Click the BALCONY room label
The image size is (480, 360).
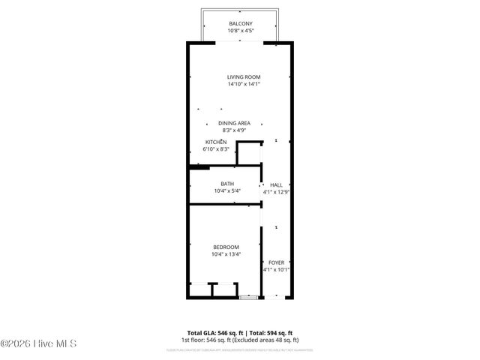[x=240, y=24]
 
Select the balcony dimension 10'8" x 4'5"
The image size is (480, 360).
[x=240, y=31]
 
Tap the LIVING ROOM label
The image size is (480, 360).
[x=244, y=76]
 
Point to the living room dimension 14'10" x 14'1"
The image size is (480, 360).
[x=244, y=84]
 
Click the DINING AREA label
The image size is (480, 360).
[x=234, y=123]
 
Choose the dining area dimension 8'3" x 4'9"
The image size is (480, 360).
[x=234, y=130]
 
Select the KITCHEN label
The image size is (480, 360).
[x=216, y=142]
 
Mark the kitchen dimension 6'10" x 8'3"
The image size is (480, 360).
[x=216, y=149]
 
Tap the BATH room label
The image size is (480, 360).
[x=226, y=184]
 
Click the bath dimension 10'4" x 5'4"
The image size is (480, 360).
[x=226, y=191]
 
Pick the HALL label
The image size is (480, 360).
[x=276, y=184]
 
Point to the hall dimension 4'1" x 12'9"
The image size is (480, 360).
[x=276, y=192]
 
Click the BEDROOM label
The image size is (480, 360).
[x=226, y=247]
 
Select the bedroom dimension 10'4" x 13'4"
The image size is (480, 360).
[x=226, y=255]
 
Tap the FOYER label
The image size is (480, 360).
[x=276, y=262]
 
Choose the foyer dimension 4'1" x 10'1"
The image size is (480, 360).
[x=276, y=270]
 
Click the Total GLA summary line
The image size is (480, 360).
[x=239, y=332]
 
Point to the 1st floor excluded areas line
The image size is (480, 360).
[x=239, y=339]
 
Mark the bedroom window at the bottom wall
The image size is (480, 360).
[x=247, y=298]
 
